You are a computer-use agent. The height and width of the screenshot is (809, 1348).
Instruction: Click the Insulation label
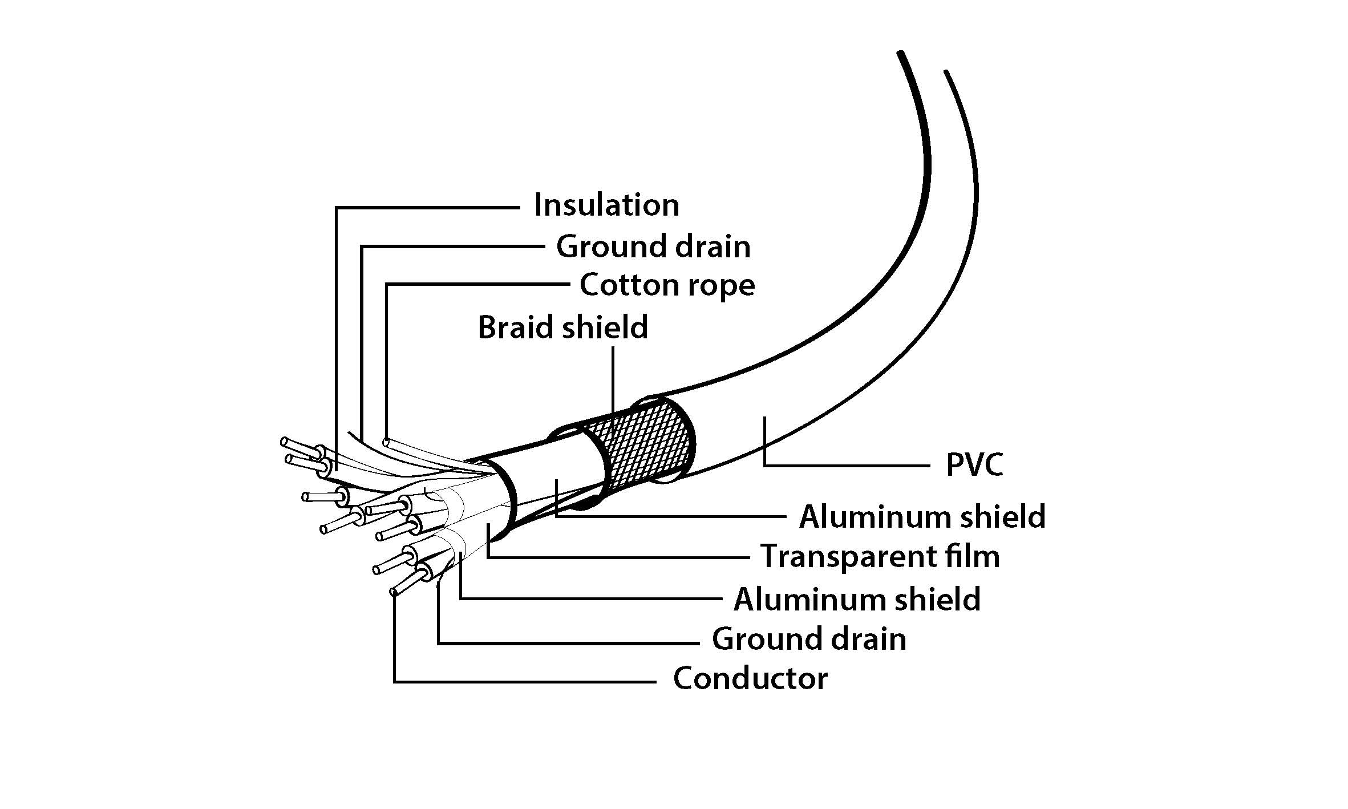click(x=606, y=205)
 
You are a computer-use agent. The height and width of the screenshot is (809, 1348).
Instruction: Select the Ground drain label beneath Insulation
click(x=653, y=246)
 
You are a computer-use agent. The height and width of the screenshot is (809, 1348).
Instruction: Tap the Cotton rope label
click(x=667, y=285)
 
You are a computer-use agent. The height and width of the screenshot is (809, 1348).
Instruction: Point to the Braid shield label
click(x=562, y=327)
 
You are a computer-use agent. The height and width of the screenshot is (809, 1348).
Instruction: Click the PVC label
click(x=974, y=465)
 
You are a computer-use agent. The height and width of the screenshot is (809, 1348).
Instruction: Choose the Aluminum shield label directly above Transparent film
click(x=922, y=516)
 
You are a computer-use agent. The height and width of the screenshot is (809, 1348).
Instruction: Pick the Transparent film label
click(x=880, y=556)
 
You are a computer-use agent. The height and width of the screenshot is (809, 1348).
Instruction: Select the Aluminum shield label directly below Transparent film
click(x=857, y=599)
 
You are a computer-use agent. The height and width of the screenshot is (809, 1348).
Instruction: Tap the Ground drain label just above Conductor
click(x=809, y=638)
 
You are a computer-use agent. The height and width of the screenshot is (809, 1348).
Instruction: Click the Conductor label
click(x=750, y=678)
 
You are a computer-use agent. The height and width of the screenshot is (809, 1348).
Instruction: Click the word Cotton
click(x=629, y=285)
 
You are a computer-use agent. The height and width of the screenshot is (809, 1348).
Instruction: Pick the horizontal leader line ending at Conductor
click(x=525, y=681)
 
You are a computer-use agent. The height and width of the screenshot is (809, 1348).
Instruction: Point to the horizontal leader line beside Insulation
click(x=428, y=208)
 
